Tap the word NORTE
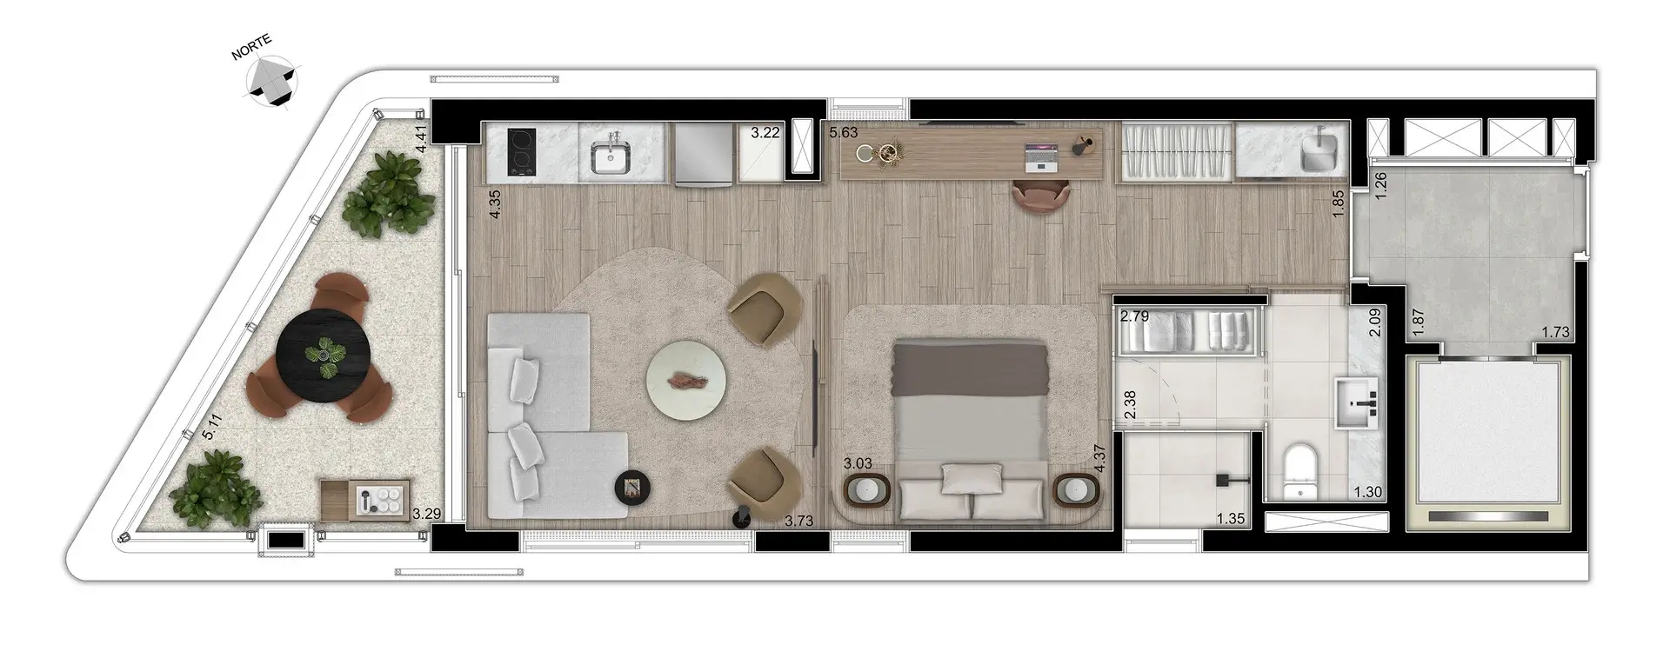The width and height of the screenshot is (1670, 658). pos(251,48)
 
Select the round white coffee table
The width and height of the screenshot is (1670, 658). pos(686,380)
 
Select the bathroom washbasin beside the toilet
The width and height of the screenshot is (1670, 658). pos(1357,402)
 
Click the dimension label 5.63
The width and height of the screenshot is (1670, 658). pos(844,133)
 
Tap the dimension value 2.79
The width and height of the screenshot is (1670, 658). pos(1134,316)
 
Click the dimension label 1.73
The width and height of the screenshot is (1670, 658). pos(1555,331)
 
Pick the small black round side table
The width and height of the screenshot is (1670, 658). pos(632,486)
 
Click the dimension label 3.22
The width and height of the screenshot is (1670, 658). pos(765,133)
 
